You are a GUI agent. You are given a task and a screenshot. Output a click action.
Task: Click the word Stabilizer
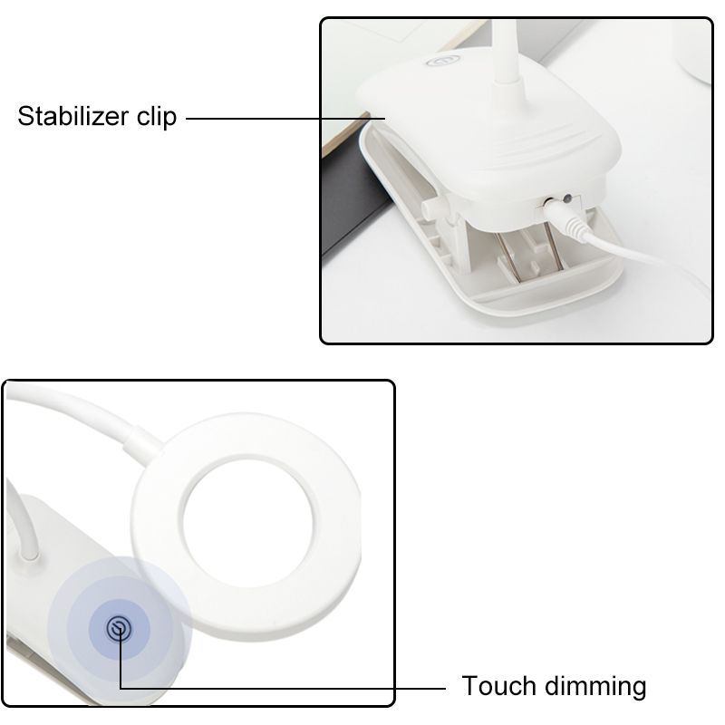tap(72, 116)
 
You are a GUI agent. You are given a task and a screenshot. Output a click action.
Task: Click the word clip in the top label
tap(156, 117)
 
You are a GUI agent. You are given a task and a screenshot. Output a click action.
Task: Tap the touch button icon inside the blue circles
tap(119, 628)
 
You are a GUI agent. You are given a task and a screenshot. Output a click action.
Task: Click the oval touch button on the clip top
tap(443, 60)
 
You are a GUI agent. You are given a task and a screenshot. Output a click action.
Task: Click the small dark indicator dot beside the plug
tap(567, 199)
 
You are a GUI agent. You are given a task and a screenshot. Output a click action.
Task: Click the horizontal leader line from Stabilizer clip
tap(285, 119)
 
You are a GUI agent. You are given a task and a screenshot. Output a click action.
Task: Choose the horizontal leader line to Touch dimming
tap(283, 689)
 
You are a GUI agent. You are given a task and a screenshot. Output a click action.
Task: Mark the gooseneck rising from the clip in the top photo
tap(507, 52)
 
